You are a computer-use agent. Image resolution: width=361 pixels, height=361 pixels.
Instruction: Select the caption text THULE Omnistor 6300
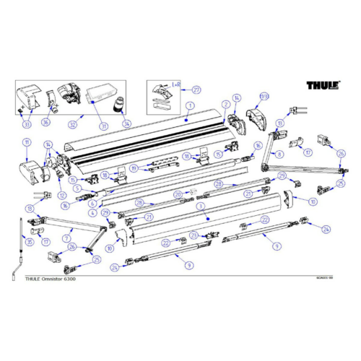(x=51, y=278)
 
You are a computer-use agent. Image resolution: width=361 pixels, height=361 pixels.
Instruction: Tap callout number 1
(x=188, y=105)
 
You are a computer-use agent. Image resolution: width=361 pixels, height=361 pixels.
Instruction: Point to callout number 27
(x=196, y=90)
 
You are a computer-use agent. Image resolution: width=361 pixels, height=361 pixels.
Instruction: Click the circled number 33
(x=27, y=123)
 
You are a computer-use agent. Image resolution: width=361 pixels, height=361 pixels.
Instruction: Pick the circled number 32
(x=73, y=124)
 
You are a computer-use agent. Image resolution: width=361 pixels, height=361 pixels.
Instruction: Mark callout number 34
(x=127, y=123)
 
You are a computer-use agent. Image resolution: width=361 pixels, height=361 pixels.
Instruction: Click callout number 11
(x=27, y=144)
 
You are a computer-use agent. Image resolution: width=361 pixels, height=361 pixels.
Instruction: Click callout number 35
(x=29, y=243)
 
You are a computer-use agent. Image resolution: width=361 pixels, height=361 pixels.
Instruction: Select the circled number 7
(x=66, y=237)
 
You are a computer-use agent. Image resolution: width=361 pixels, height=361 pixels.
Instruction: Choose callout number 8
(x=280, y=154)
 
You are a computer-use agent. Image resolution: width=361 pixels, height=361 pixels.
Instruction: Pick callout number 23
(x=193, y=235)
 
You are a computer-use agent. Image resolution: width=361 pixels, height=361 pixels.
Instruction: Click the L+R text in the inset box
(x=175, y=84)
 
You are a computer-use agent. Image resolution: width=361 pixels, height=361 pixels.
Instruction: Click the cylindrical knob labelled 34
(x=117, y=107)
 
